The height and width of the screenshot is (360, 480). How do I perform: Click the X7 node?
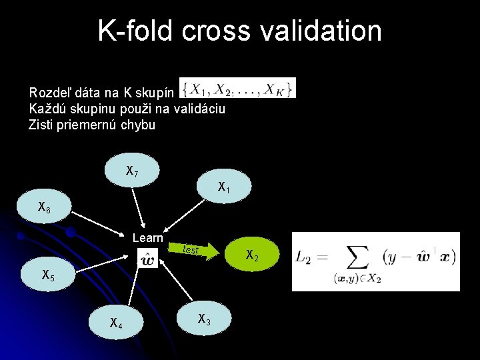(133, 171)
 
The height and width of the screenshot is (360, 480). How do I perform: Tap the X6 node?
(44, 208)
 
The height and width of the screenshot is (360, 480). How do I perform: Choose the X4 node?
(116, 323)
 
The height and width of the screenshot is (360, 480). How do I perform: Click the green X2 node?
(252, 255)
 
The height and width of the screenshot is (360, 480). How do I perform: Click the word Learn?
(148, 238)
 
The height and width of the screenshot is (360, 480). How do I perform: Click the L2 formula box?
(375, 261)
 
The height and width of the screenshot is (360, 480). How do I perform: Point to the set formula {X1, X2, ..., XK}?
(237, 88)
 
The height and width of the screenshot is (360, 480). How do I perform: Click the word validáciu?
(201, 108)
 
